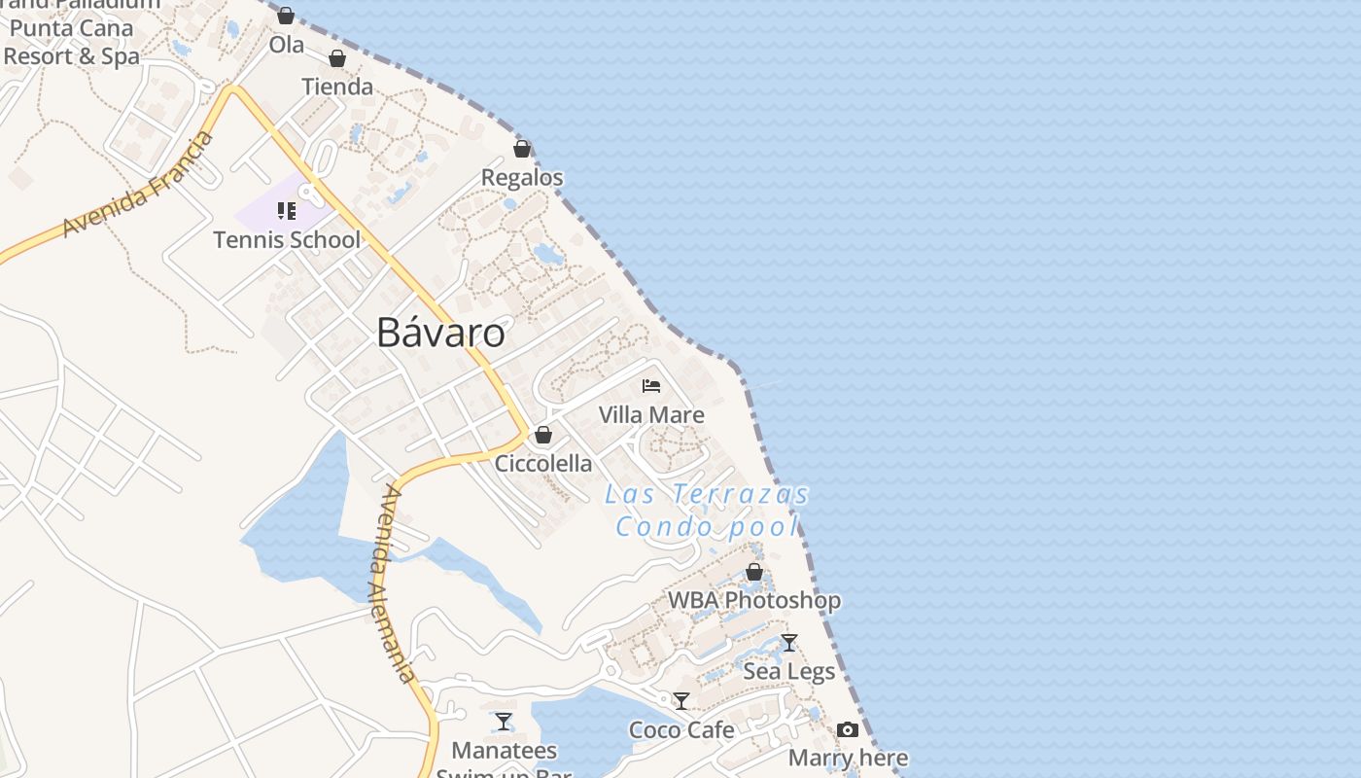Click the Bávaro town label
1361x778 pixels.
click(x=440, y=334)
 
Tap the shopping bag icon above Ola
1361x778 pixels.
click(x=286, y=16)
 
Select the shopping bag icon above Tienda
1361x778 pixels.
click(x=337, y=59)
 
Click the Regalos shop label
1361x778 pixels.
click(x=522, y=178)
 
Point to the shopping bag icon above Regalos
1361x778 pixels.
click(x=522, y=150)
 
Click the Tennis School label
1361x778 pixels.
click(x=287, y=239)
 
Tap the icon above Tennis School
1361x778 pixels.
click(x=286, y=210)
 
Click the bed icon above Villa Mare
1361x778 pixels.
click(x=651, y=386)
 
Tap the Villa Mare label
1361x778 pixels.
click(x=651, y=415)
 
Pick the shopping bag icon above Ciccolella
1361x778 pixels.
click(x=543, y=435)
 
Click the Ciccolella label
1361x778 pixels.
click(x=543, y=463)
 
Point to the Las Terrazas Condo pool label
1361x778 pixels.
click(x=707, y=511)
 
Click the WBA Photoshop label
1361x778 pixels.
click(x=753, y=600)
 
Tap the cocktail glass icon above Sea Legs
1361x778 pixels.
click(x=789, y=643)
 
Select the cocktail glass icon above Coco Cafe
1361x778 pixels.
click(x=681, y=701)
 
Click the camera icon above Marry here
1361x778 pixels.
click(x=848, y=730)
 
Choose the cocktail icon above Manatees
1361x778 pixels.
click(x=504, y=722)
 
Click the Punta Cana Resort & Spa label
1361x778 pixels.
click(x=72, y=42)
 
